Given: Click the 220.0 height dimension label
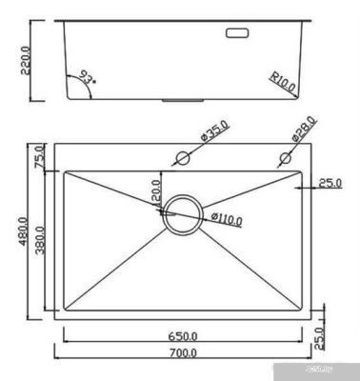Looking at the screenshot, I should (x=28, y=59).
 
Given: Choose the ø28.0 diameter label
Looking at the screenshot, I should (x=304, y=130).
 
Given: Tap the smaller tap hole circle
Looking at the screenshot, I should (x=284, y=156).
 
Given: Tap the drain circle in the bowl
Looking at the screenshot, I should (x=182, y=215).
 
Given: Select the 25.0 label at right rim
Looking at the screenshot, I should (x=330, y=183).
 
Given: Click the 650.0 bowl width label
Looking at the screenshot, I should (x=183, y=335).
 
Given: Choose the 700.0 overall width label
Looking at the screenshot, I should (x=183, y=353).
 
